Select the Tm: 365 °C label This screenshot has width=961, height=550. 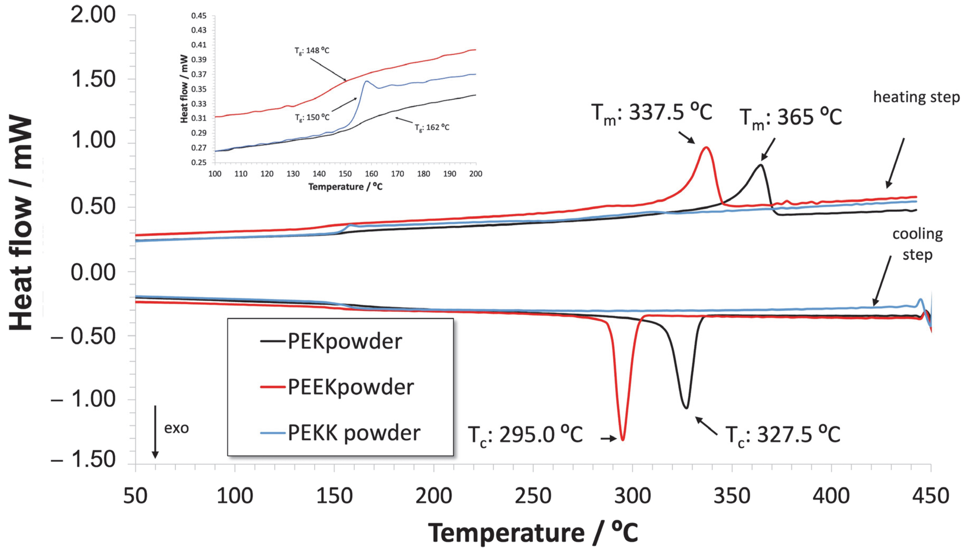point(790,117)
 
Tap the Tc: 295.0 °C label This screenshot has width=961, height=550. point(525,435)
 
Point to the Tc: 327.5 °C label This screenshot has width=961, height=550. point(783,435)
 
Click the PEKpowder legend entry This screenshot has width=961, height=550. point(344,342)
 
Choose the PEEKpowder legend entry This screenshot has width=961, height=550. point(351,387)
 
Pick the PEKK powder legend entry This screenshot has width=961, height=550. point(353,433)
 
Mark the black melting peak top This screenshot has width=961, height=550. point(761,165)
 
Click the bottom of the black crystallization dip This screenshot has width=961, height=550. point(686,408)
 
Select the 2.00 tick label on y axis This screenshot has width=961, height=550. point(93,16)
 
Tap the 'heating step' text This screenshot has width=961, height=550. point(916,97)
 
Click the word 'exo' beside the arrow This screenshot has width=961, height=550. point(176,428)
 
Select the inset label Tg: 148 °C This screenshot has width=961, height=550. point(312,51)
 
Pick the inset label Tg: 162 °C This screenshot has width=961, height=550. point(432,128)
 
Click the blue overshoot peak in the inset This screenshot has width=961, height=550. point(366,81)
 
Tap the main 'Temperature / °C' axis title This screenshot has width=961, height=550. point(533,533)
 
